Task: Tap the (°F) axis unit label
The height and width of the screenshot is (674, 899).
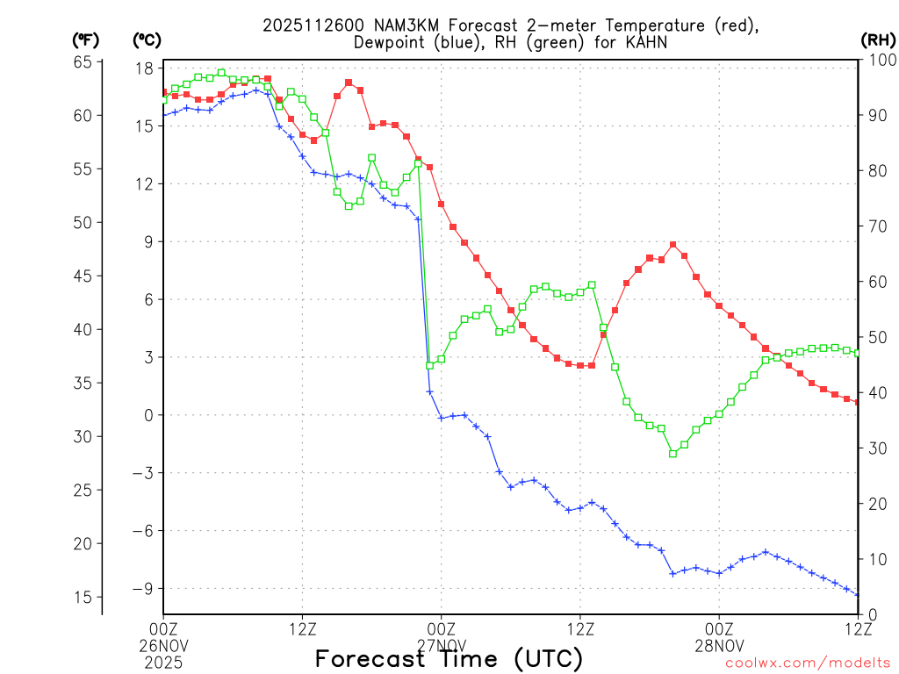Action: pyautogui.click(x=85, y=40)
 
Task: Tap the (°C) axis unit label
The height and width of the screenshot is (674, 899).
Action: pyautogui.click(x=146, y=40)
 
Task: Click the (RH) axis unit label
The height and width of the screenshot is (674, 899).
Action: pyautogui.click(x=877, y=40)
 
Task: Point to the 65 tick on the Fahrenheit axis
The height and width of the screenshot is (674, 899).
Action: pyautogui.click(x=83, y=61)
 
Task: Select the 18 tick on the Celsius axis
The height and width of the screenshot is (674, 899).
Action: pyautogui.click(x=146, y=68)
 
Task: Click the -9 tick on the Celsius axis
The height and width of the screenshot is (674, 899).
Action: pyautogui.click(x=144, y=589)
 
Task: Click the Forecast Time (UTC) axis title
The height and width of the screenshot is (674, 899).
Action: pyautogui.click(x=449, y=658)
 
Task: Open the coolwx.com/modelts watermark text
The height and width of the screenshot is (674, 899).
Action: pyautogui.click(x=808, y=663)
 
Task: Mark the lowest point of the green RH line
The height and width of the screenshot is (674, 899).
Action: pyautogui.click(x=672, y=454)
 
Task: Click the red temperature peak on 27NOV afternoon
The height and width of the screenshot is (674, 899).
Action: pyautogui.click(x=672, y=245)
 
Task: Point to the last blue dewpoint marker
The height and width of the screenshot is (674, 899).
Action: pyautogui.click(x=858, y=595)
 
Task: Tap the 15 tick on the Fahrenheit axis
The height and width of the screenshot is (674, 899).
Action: pyautogui.click(x=83, y=598)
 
